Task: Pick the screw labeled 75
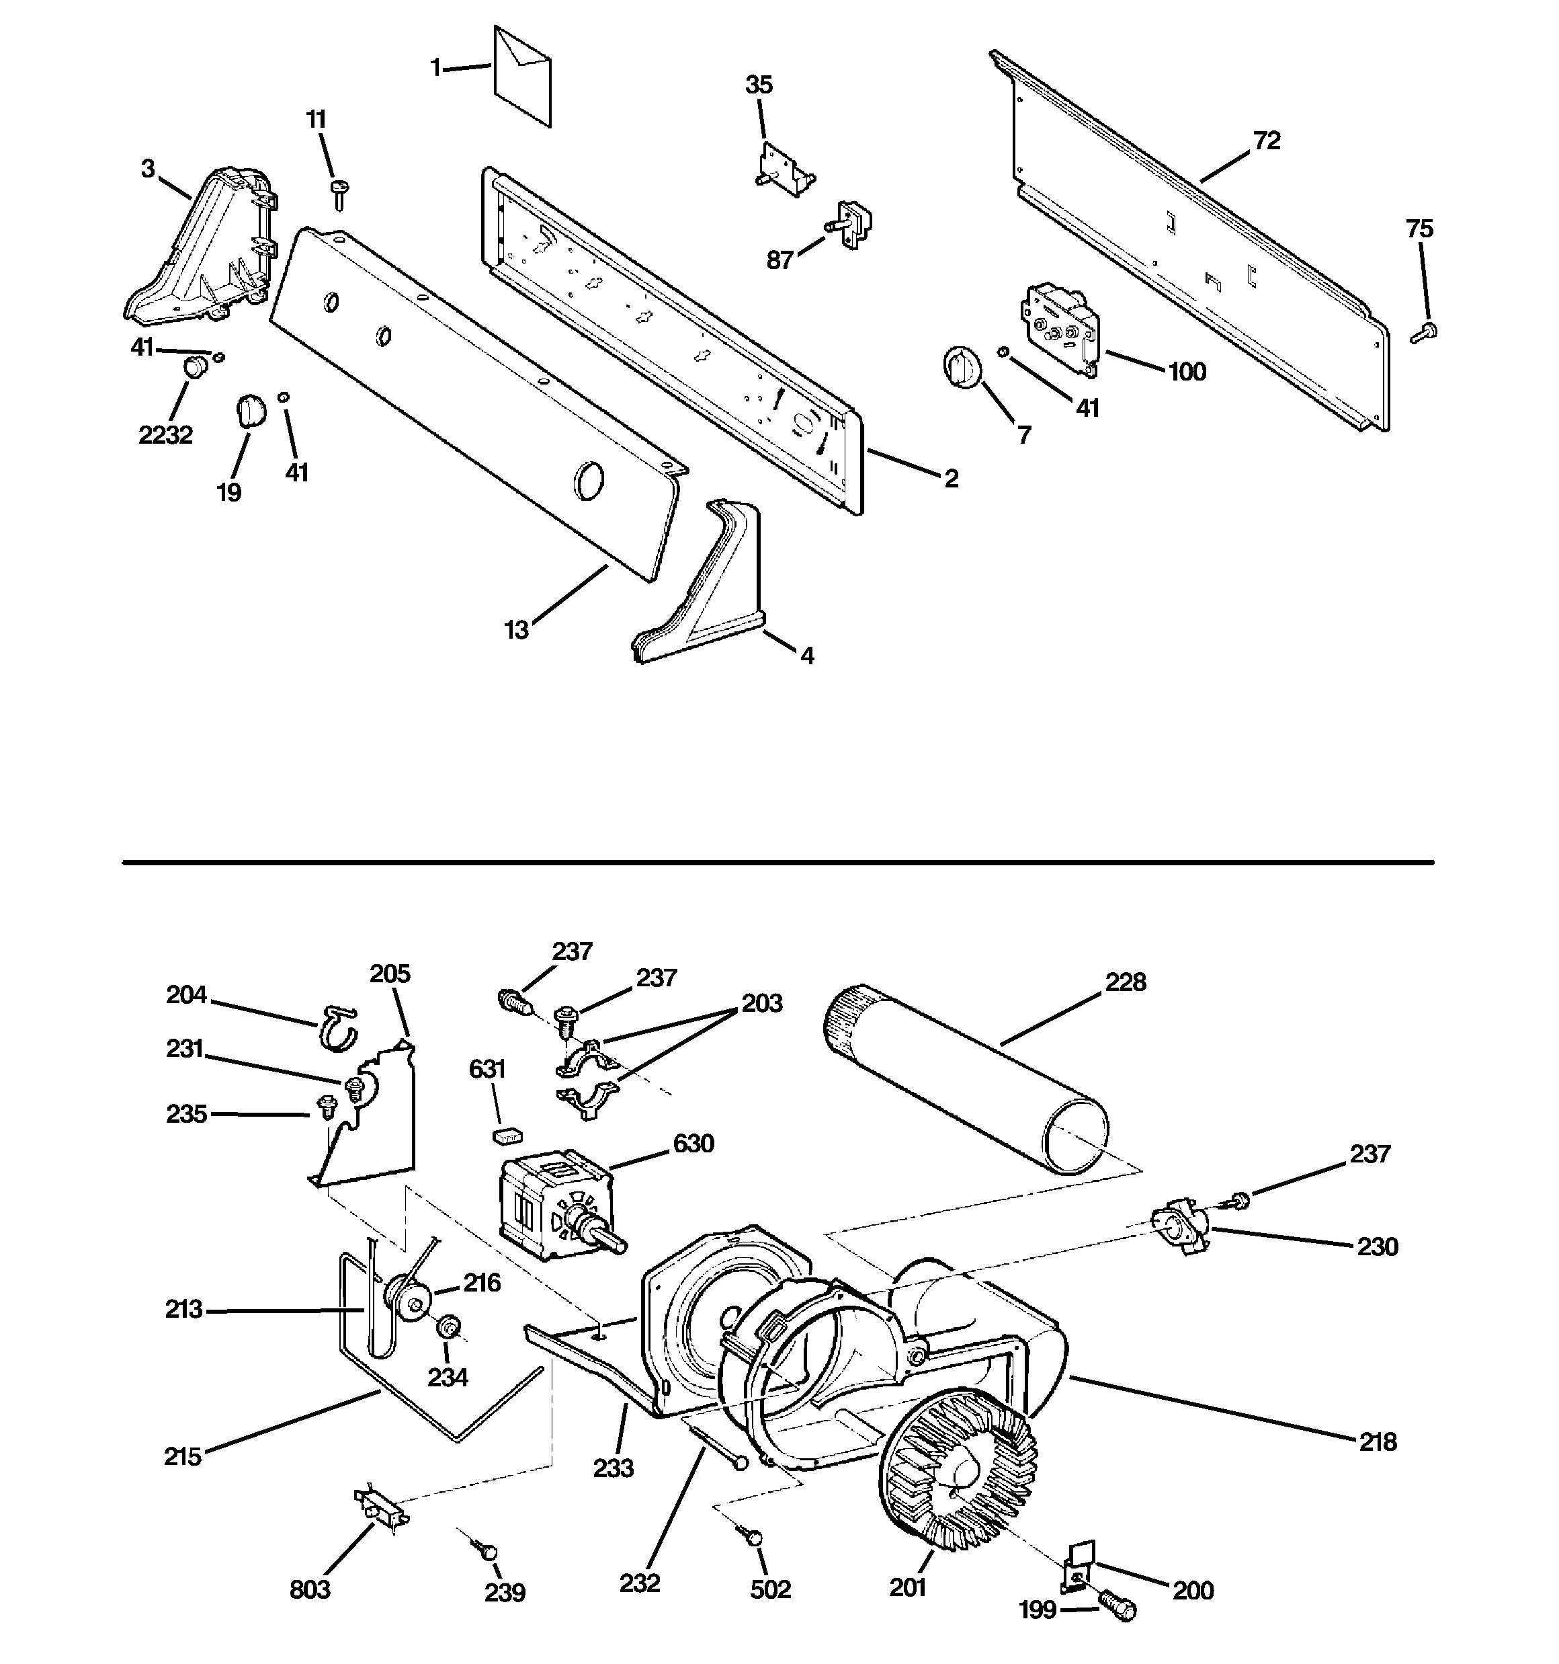pyautogui.click(x=1423, y=332)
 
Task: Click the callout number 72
pyautogui.click(x=1266, y=141)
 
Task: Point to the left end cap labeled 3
pyautogui.click(x=201, y=251)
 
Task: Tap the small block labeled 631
pyautogui.click(x=506, y=1135)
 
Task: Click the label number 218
pyautogui.click(x=1378, y=1441)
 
